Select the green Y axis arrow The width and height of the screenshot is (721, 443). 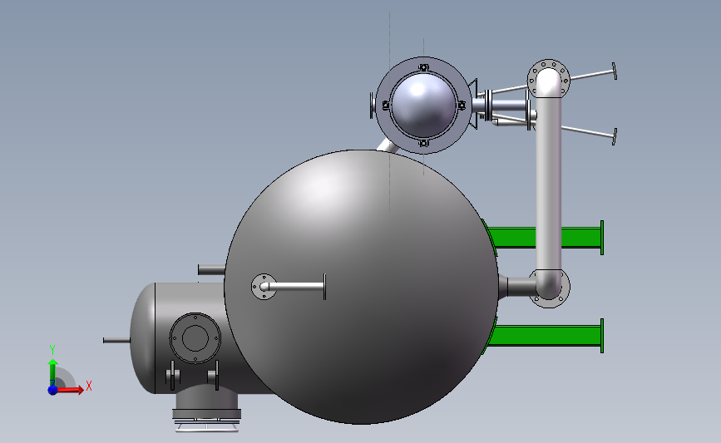(x=53, y=372)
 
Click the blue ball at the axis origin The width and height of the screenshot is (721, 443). (x=53, y=390)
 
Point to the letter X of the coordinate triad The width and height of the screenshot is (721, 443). (x=89, y=386)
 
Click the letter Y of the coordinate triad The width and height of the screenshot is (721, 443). (x=52, y=350)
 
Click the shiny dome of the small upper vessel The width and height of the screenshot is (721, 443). (x=423, y=105)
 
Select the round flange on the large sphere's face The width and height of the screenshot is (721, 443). (x=264, y=286)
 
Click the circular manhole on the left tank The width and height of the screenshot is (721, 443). (x=195, y=338)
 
